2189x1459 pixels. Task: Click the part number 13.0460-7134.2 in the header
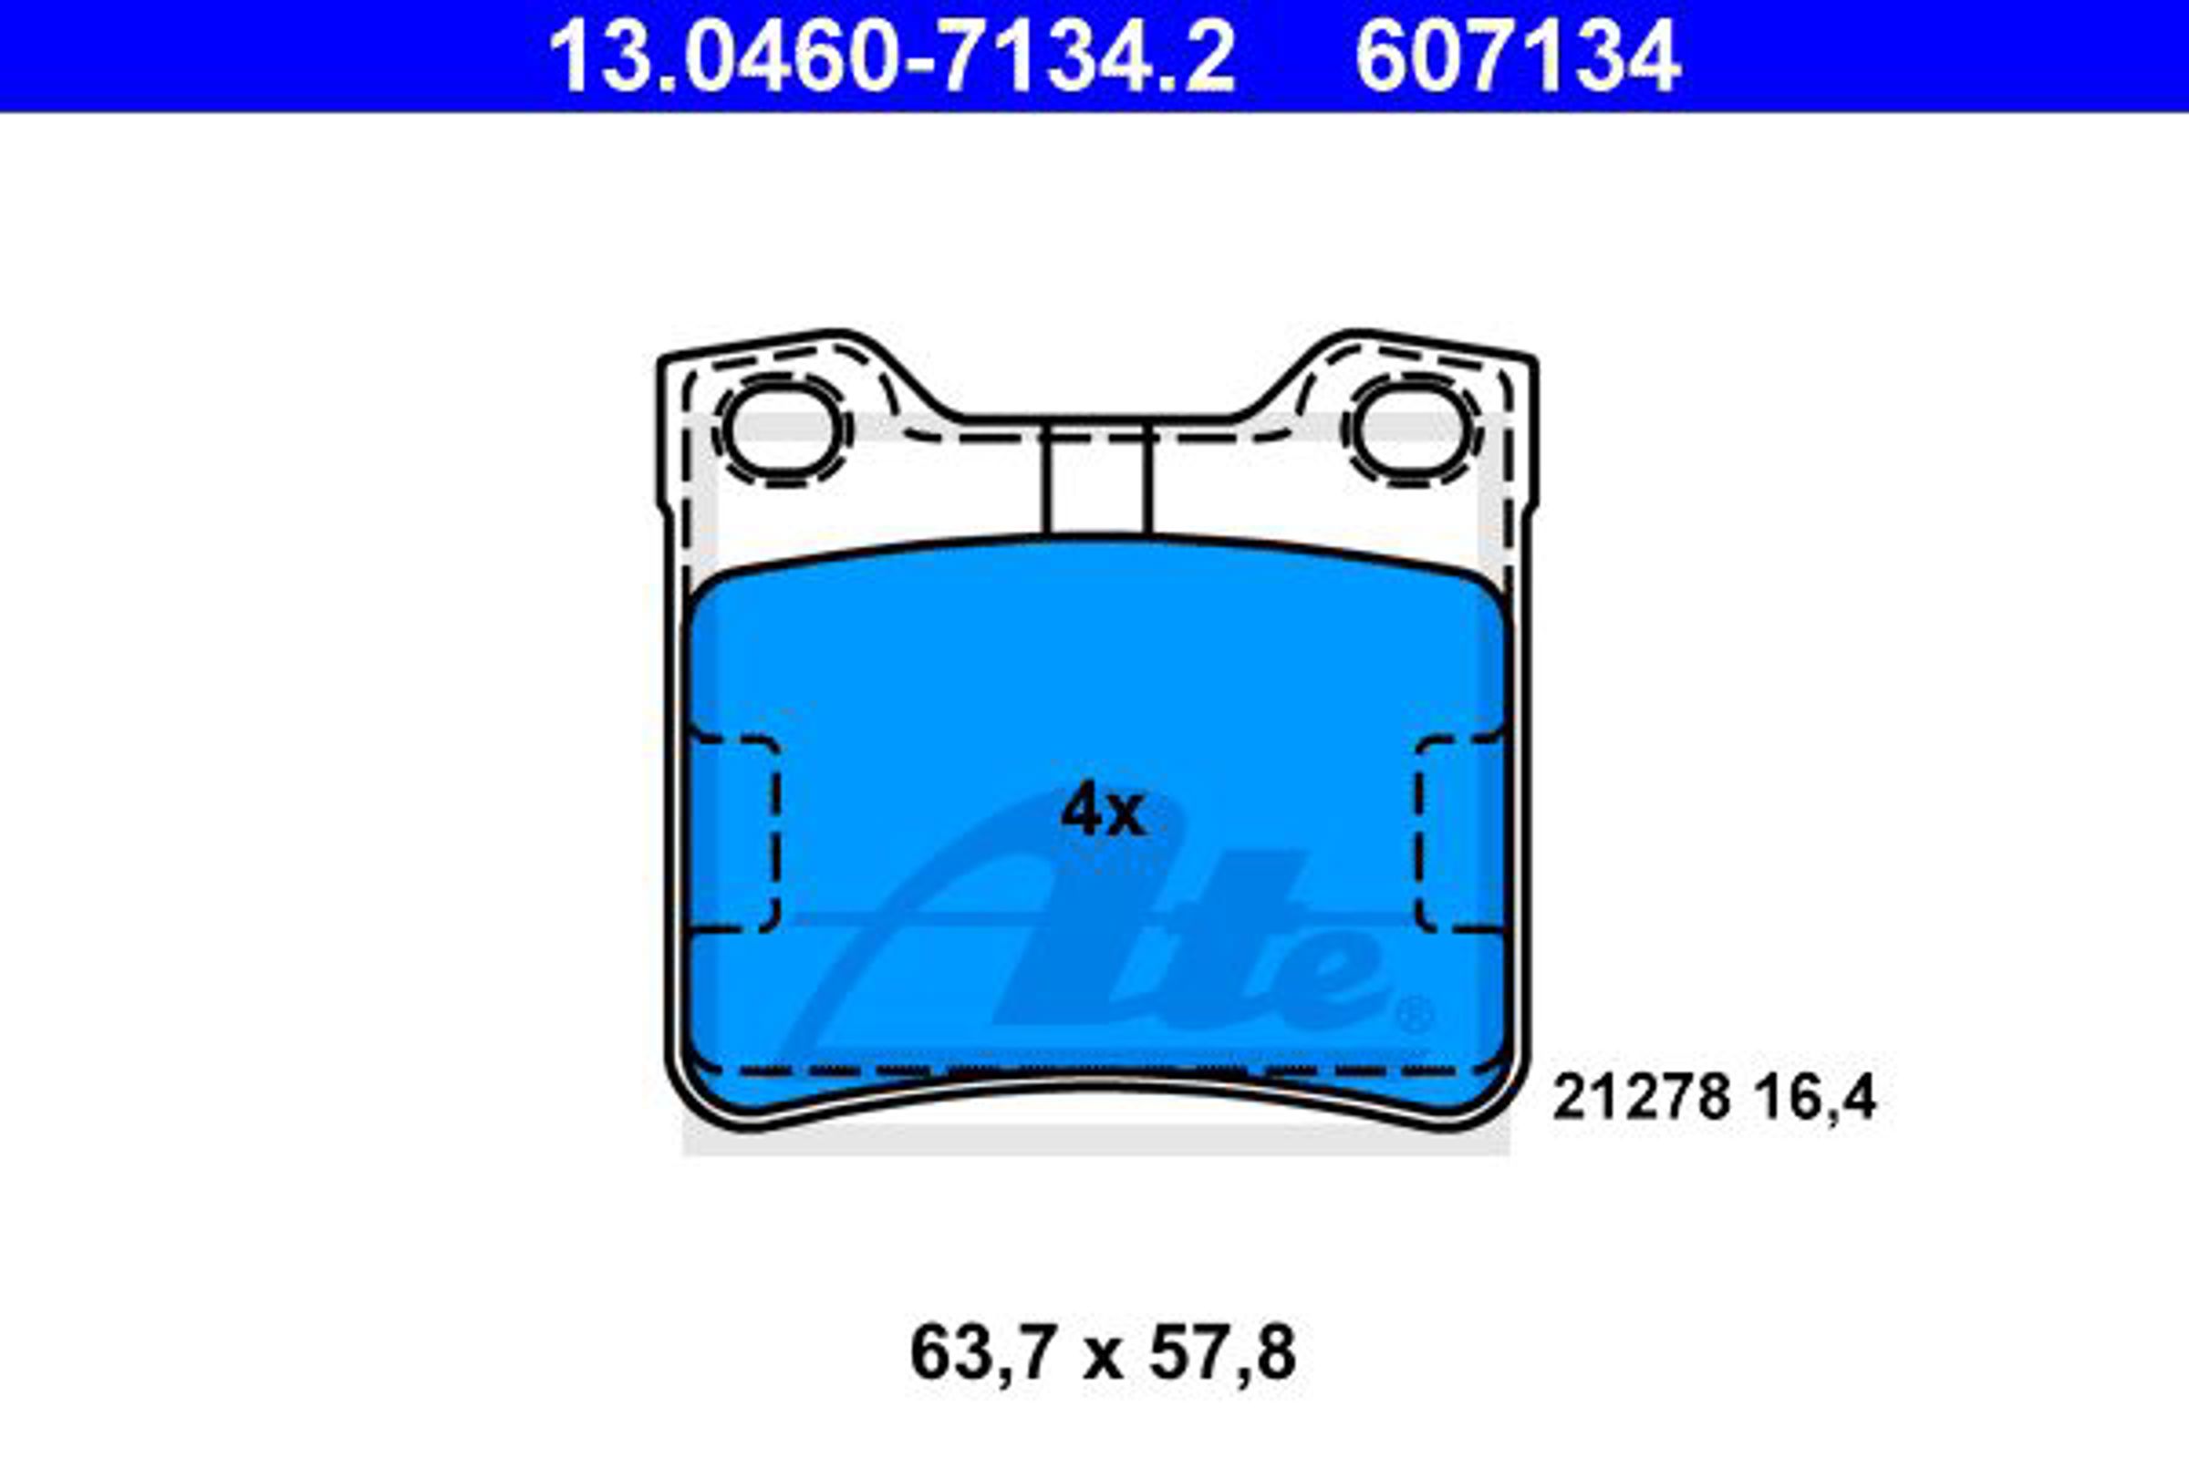pos(892,57)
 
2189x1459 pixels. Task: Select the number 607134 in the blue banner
pos(1518,57)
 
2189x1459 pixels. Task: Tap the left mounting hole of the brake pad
pos(782,429)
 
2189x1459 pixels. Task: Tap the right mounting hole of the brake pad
pos(1412,429)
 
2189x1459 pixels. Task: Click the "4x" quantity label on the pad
pos(1103,811)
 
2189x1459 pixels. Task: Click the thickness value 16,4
pos(1816,1099)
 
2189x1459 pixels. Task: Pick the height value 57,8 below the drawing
pos(1222,1356)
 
